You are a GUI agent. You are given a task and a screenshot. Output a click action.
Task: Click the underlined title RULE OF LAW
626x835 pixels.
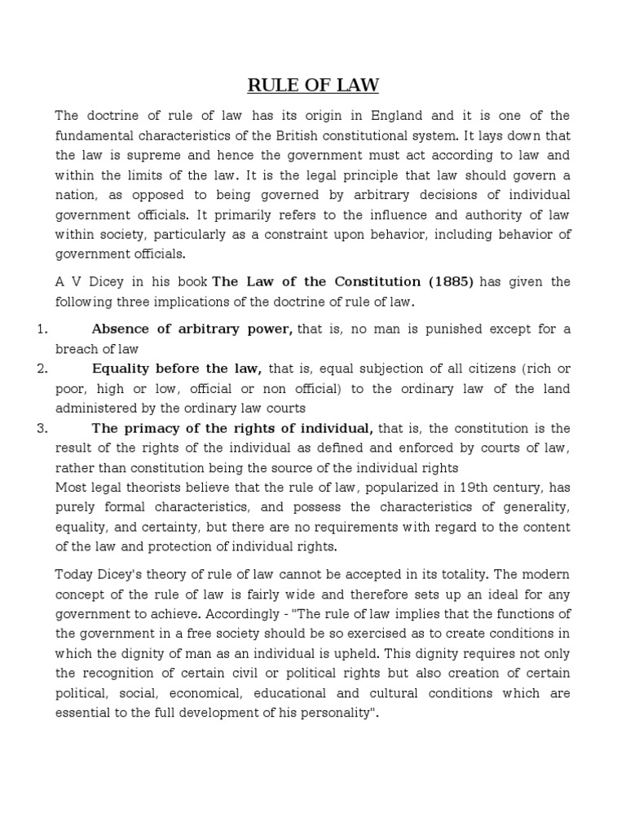pyautogui.click(x=313, y=85)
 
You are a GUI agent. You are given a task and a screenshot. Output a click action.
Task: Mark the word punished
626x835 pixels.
pyautogui.click(x=425, y=329)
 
